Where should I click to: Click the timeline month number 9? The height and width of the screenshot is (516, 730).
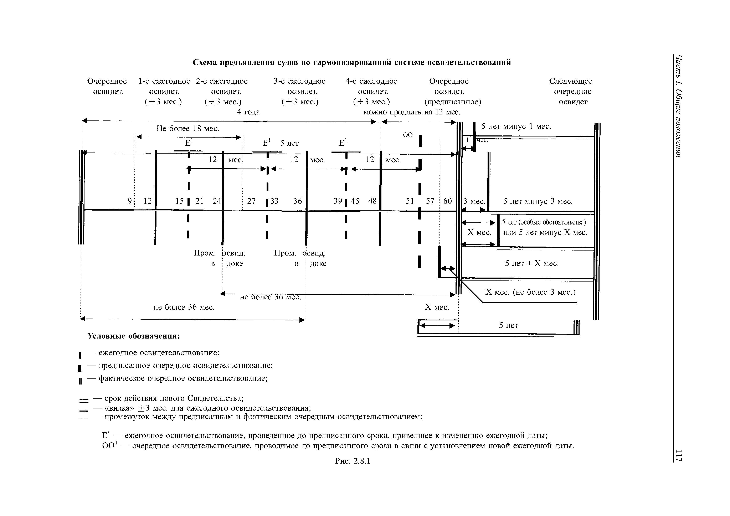tap(129, 201)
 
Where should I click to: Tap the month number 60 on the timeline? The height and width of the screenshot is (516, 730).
tap(447, 201)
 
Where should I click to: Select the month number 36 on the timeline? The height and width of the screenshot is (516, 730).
tap(297, 201)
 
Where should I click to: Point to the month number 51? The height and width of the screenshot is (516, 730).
tap(410, 201)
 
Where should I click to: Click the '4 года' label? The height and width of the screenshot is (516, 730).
tap(248, 112)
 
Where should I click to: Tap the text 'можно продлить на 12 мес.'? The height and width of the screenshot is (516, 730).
tap(412, 112)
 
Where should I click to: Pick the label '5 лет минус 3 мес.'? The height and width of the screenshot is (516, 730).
tap(538, 201)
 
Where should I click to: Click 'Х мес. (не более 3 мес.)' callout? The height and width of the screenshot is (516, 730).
tap(530, 292)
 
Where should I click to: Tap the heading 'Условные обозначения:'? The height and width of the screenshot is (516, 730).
tap(134, 336)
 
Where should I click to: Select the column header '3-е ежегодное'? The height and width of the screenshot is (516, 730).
tap(299, 81)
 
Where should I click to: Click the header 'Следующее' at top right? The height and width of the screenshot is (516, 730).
tap(570, 81)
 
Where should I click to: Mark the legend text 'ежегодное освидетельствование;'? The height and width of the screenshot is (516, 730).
tap(159, 353)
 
